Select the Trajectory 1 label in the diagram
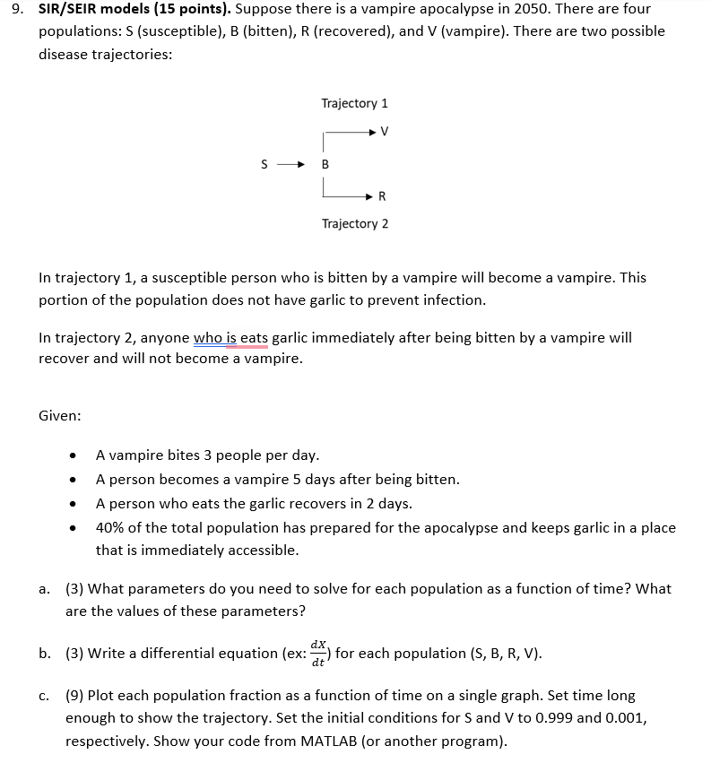point(354,103)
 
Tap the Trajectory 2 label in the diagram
point(354,223)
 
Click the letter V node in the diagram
point(385,133)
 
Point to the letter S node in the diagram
point(264,165)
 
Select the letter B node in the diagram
point(325,165)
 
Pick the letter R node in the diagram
point(383,195)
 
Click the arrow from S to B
point(293,165)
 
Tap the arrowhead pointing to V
point(371,133)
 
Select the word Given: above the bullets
point(60,416)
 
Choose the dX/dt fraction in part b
point(318,653)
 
